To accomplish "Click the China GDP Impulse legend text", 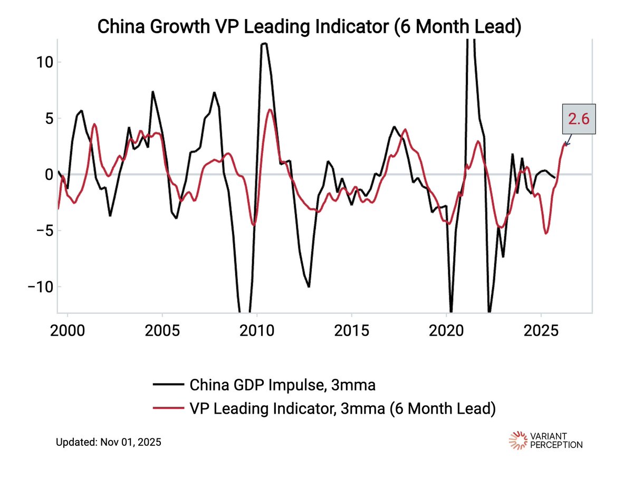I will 282,385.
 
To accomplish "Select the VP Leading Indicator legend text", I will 342,408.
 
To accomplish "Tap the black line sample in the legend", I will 168,385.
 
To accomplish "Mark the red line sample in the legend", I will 168,408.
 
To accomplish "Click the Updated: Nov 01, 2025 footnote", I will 109,442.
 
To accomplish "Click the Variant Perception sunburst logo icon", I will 517,441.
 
